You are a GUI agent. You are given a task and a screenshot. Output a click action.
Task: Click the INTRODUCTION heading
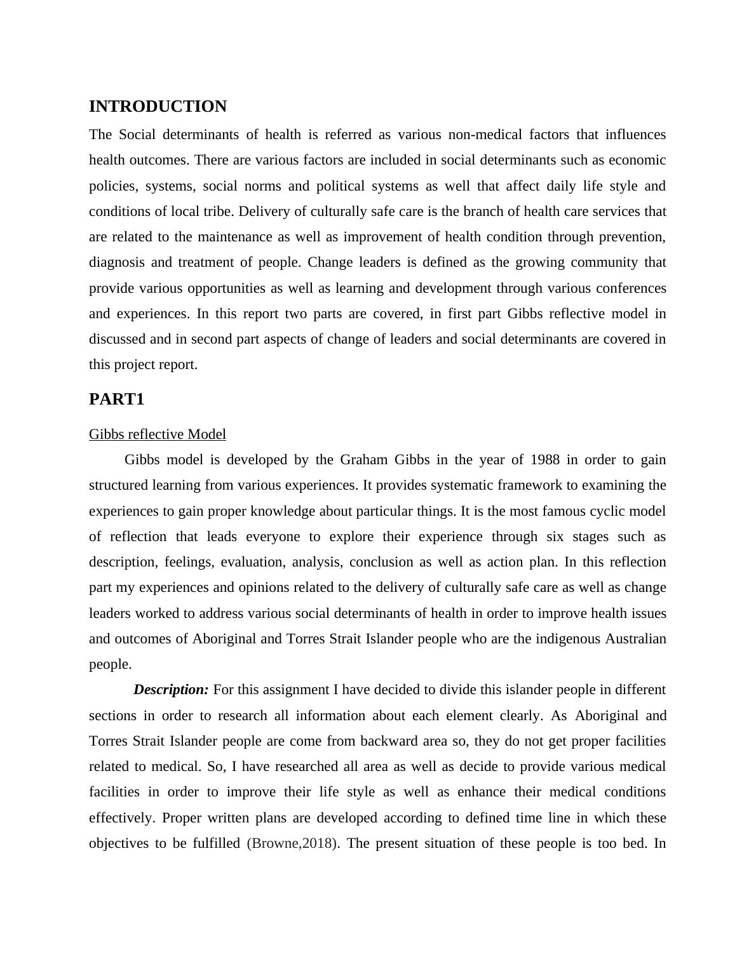pos(158,107)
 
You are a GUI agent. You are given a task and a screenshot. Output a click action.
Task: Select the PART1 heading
pos(117,399)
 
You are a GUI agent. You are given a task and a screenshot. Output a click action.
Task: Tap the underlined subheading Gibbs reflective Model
pos(158,434)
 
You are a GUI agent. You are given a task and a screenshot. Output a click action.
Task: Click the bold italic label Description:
pos(171,690)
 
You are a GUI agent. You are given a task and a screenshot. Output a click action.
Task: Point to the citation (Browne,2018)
pos(292,843)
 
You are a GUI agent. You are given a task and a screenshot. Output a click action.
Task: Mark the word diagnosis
pos(116,262)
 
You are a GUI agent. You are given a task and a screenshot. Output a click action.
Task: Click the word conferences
pos(631,288)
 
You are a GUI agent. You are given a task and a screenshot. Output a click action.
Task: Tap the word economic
pos(637,160)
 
